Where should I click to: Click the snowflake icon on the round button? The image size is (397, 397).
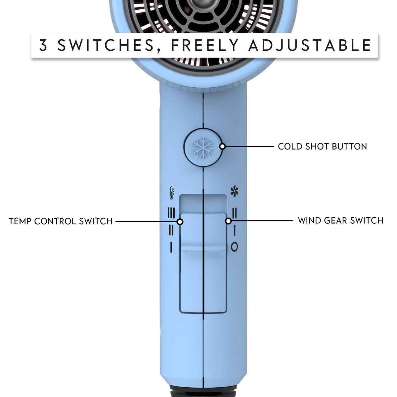tap(203, 148)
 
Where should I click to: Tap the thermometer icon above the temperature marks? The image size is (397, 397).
tap(172, 193)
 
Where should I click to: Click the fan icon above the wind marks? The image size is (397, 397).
tap(234, 191)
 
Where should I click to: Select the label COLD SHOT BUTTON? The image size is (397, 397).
tap(322, 147)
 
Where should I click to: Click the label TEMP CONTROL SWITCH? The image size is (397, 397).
tap(61, 221)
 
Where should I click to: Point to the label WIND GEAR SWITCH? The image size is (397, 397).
tap(340, 221)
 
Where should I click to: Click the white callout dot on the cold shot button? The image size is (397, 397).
tap(222, 147)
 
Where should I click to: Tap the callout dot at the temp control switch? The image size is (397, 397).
tap(180, 222)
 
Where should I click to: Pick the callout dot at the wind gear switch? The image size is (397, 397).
tap(228, 221)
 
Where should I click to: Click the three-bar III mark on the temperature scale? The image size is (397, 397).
tap(171, 213)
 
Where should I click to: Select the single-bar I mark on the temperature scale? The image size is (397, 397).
tap(171, 247)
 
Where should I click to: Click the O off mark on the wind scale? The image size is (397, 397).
tap(234, 246)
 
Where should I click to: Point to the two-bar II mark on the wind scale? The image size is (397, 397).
tap(235, 213)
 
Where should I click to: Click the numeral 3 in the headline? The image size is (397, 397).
tap(43, 45)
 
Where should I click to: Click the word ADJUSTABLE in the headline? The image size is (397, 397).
tap(310, 45)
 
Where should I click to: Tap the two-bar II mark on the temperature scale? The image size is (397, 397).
tap(171, 230)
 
